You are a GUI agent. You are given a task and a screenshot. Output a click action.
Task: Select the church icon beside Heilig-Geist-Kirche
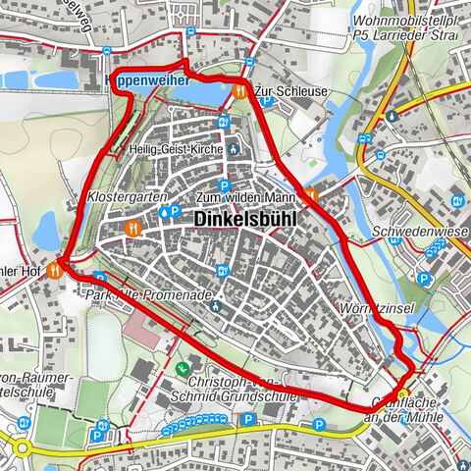coord(233,150)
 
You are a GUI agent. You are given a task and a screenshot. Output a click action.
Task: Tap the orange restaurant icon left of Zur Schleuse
coord(240,89)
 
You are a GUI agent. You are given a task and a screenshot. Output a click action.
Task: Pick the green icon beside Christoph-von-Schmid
coord(183,369)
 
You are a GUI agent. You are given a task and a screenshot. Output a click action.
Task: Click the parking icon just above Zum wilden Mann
coord(225,184)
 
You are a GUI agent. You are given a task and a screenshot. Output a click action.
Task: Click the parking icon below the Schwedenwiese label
coord(424,279)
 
